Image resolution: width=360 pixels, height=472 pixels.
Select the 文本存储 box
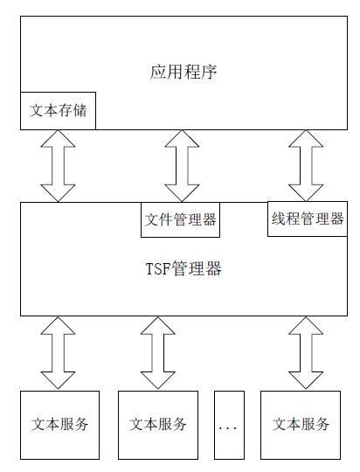coord(59,112)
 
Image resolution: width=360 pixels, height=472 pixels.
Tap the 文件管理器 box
coord(180,219)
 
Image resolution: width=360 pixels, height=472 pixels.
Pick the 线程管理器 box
coord(306,219)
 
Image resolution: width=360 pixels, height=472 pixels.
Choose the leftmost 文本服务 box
coord(59,425)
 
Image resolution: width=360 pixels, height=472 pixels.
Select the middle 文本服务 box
coord(158,425)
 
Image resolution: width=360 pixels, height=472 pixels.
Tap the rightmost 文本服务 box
coord(301,425)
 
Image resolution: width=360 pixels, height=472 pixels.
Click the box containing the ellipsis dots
coord(229,425)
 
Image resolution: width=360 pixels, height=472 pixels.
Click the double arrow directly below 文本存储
coord(59,166)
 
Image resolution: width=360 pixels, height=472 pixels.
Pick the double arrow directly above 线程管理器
coord(306,166)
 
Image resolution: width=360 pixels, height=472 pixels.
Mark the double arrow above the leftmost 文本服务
coord(59,352)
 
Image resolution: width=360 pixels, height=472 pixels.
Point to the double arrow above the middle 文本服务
coord(158,352)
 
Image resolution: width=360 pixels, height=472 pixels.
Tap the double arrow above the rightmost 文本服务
coord(306,352)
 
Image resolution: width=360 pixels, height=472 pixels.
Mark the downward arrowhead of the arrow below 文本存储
coord(59,193)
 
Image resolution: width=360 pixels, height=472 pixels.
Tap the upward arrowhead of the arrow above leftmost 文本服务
coord(59,325)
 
